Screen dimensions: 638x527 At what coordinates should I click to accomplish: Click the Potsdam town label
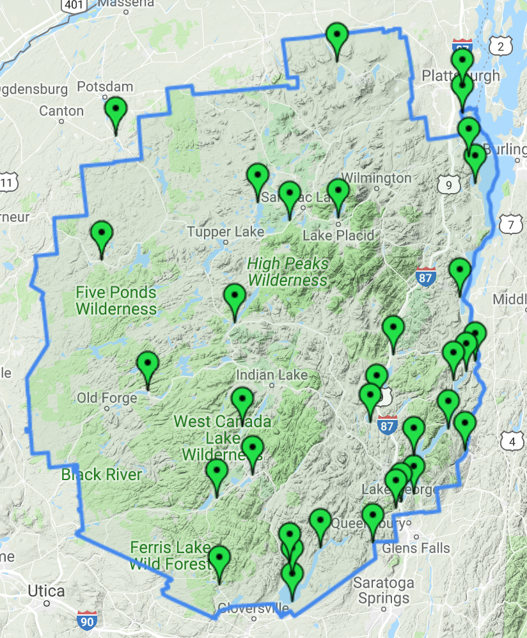pyautogui.click(x=105, y=87)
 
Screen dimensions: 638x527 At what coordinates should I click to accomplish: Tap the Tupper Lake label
pyautogui.click(x=217, y=231)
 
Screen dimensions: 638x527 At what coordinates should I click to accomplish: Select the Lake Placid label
pyautogui.click(x=338, y=235)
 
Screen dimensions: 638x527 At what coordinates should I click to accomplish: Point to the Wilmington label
pyautogui.click(x=377, y=177)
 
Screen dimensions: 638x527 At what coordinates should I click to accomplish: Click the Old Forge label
pyautogui.click(x=107, y=398)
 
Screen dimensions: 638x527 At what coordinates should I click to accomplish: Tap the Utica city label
pyautogui.click(x=46, y=591)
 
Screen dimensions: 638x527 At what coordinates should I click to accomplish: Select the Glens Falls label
pyautogui.click(x=417, y=548)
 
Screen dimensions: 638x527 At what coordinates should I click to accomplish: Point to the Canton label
pyautogui.click(x=61, y=111)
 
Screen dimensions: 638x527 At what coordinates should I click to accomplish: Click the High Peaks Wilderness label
pyautogui.click(x=288, y=272)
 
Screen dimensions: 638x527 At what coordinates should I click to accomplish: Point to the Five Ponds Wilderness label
pyautogui.click(x=116, y=300)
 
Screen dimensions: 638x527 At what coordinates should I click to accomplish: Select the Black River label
pyautogui.click(x=101, y=475)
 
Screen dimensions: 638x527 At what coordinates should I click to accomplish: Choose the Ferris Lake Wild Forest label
pyautogui.click(x=170, y=556)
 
